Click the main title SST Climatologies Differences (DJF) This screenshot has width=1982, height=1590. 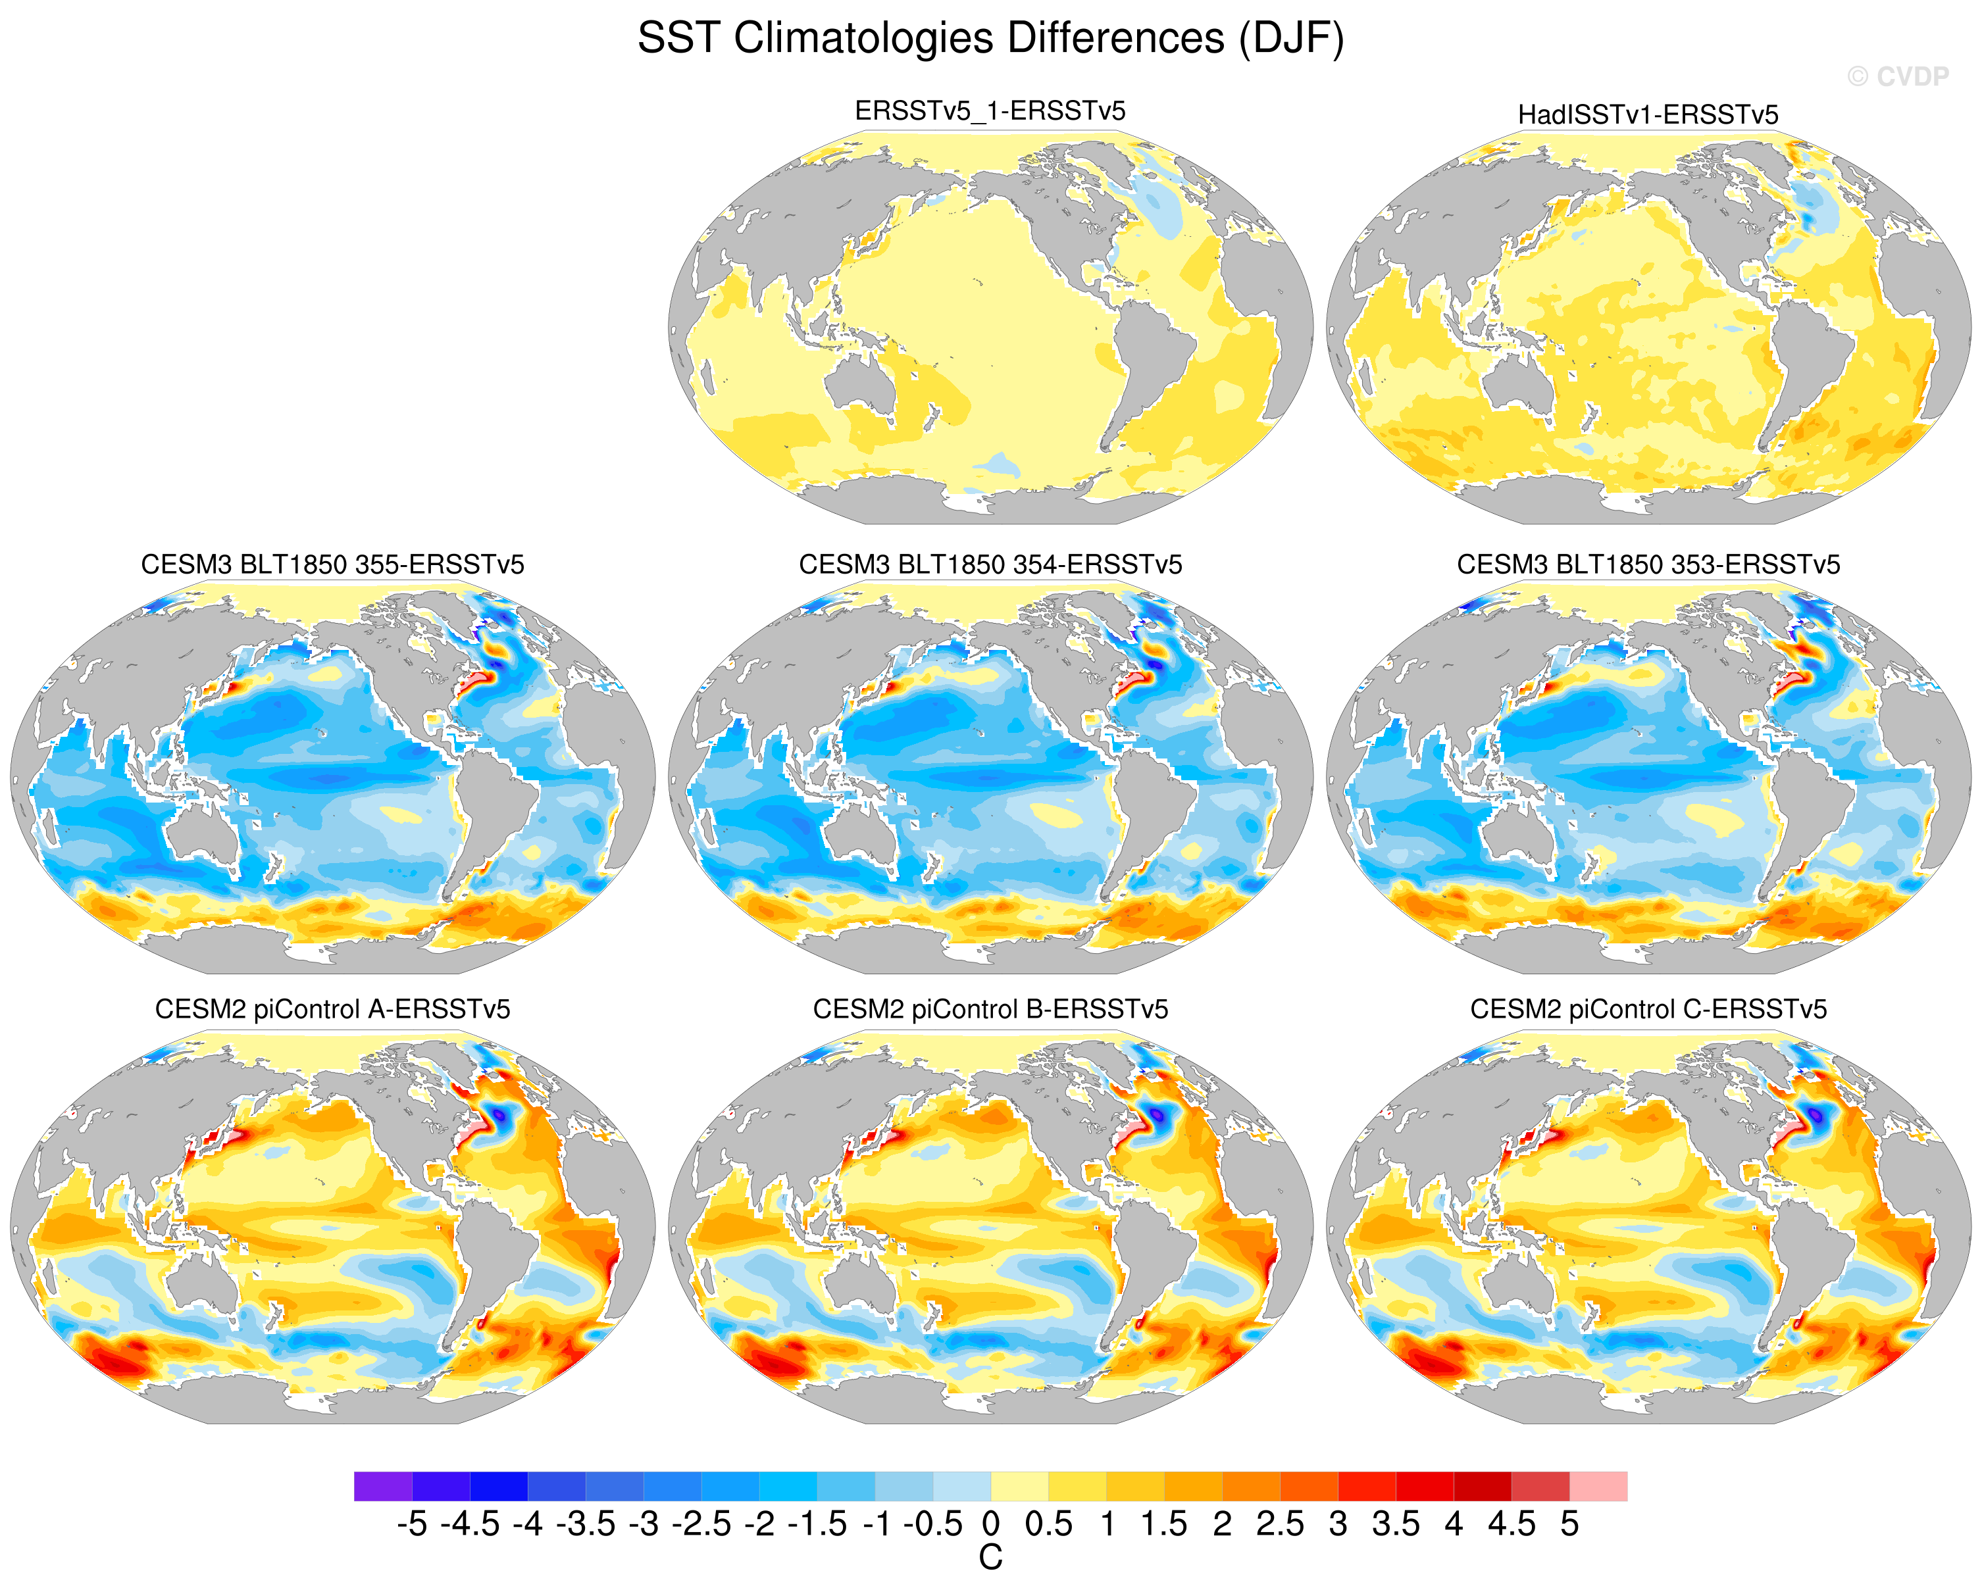990,39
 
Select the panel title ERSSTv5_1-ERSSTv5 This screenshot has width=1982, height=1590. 990,111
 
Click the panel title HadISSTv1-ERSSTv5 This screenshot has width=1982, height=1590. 1648,115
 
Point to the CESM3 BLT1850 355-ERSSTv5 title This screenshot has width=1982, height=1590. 333,564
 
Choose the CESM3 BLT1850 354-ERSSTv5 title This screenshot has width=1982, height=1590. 990,564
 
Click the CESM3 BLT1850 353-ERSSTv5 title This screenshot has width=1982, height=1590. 1648,564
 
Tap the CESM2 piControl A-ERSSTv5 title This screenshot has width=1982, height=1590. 333,1009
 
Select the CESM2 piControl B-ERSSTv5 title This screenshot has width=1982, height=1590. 990,1009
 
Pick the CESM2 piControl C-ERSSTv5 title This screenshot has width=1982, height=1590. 1648,1009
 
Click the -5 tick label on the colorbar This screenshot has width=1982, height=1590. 412,1524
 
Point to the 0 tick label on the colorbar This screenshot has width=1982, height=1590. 990,1524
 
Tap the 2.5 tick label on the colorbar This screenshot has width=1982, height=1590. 1280,1524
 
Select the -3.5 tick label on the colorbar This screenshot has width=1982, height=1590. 586,1524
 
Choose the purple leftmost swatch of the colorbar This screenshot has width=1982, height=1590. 384,1486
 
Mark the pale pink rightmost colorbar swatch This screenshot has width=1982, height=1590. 1598,1486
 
